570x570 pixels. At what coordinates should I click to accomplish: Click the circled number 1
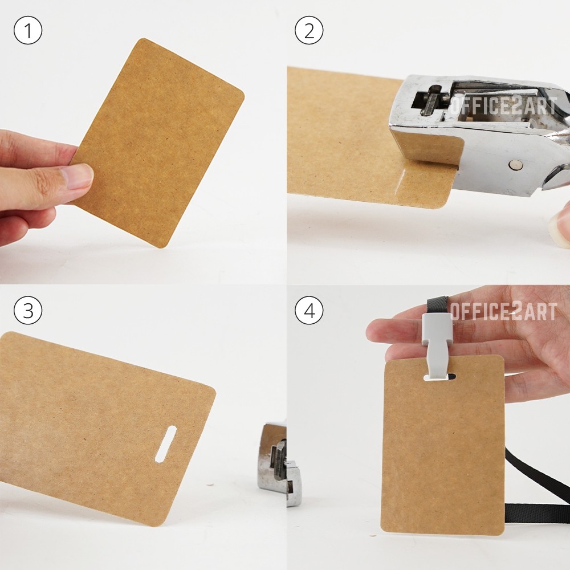point(28,30)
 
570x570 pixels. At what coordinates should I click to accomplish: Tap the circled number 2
point(309,30)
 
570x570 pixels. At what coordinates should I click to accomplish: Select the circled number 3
point(28,311)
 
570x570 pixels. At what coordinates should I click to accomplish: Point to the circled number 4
point(309,311)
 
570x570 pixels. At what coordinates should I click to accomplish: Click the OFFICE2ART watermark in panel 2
point(503,106)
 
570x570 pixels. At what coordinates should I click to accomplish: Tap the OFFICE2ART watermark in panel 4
point(503,312)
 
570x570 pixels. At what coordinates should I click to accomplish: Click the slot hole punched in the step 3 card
point(166,444)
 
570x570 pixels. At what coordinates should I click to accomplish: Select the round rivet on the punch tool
point(515,165)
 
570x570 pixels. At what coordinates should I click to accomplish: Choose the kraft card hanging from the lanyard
point(443,445)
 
